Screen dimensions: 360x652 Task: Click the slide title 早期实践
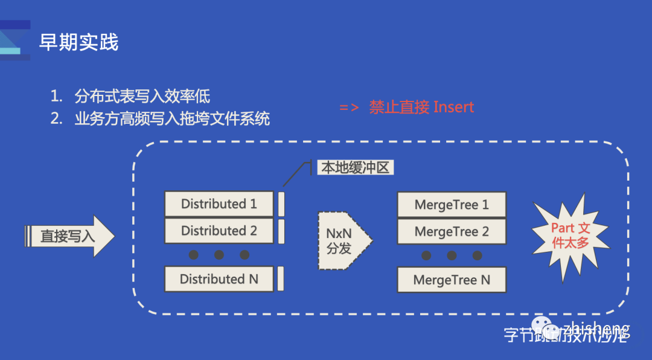point(78,42)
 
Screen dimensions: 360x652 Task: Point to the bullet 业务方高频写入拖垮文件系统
point(172,118)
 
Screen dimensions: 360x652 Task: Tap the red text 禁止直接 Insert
point(421,108)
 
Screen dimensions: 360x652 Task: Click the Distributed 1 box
point(219,204)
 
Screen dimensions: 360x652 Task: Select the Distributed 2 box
point(219,231)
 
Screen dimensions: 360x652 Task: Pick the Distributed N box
point(219,279)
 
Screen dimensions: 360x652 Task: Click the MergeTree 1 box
point(452,205)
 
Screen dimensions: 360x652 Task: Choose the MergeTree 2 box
point(452,232)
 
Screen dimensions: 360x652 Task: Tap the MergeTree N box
point(452,280)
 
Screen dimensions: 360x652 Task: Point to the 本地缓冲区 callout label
point(355,168)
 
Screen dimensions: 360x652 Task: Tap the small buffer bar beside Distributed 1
point(281,204)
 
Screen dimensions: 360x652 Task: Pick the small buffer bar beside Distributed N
point(281,279)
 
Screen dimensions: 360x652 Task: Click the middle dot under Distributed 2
point(219,255)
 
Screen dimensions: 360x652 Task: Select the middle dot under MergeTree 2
point(452,256)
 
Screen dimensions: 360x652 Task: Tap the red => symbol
point(350,108)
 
